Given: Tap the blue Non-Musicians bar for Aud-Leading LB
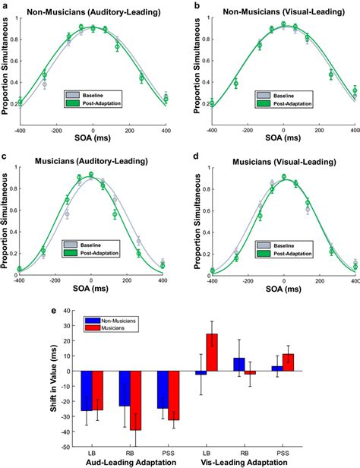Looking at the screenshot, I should click(x=86, y=391).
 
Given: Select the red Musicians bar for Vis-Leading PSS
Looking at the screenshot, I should click(x=288, y=362).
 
